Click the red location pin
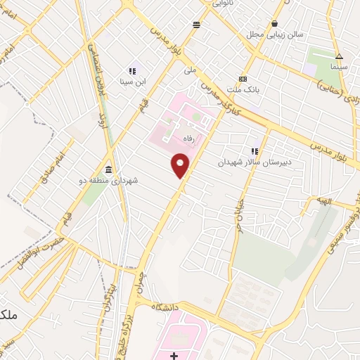[x=181, y=166]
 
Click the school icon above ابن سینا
[x=131, y=71]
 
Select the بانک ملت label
[x=243, y=89]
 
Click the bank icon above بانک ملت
[x=243, y=78]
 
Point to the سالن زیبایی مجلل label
[x=266, y=33]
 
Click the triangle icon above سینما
[x=339, y=57]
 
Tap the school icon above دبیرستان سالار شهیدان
[x=255, y=150]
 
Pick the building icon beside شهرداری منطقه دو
[x=108, y=170]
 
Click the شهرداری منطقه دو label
[x=108, y=181]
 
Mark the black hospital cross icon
[x=174, y=356]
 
